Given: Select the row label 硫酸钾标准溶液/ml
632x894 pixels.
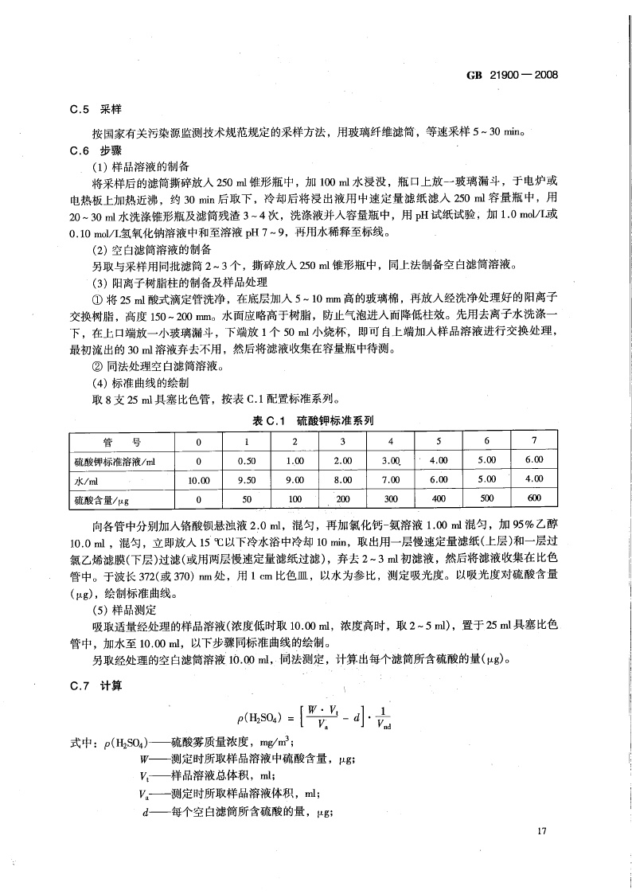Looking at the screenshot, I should [x=116, y=461].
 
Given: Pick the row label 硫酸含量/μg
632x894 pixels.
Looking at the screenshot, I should [x=106, y=499].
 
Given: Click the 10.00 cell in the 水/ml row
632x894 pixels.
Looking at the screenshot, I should [x=198, y=480].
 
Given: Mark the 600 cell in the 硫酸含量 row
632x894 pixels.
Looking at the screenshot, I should [x=533, y=498].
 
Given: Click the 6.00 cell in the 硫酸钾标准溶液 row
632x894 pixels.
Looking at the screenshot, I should [x=533, y=460].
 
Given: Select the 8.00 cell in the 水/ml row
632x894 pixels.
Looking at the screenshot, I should [x=342, y=480].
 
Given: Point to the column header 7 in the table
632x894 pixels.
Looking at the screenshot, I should [x=533, y=441].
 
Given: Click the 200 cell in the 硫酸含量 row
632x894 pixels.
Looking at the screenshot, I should [x=342, y=499].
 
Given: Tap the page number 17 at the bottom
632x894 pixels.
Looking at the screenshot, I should [x=542, y=832].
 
